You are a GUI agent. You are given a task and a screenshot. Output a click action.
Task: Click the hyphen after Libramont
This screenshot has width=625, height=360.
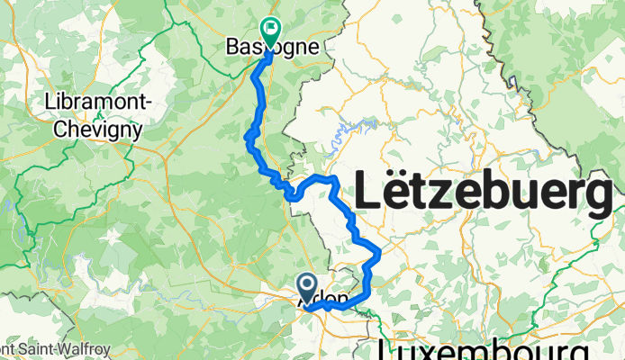(x=147, y=103)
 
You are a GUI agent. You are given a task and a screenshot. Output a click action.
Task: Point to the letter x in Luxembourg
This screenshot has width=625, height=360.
(x=429, y=349)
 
